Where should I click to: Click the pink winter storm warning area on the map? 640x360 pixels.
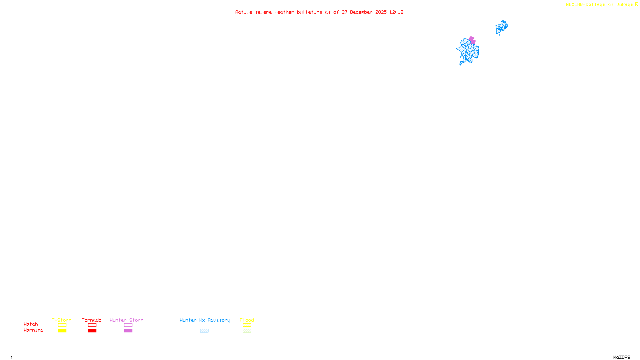pyautogui.click(x=472, y=40)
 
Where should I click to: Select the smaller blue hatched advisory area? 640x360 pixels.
pyautogui.click(x=501, y=28)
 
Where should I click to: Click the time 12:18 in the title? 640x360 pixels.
pyautogui.click(x=396, y=12)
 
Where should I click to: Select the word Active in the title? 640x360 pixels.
pyautogui.click(x=244, y=12)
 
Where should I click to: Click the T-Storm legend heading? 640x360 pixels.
pyautogui.click(x=62, y=320)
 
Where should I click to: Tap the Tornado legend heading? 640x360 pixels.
pyautogui.click(x=92, y=320)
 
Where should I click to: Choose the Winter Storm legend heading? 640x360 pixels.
pyautogui.click(x=126, y=320)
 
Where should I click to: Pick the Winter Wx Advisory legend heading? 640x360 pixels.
pyautogui.click(x=205, y=320)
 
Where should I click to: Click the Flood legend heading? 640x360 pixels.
pyautogui.click(x=247, y=320)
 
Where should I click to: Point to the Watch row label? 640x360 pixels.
pyautogui.click(x=31, y=324)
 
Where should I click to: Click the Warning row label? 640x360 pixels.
pyautogui.click(x=34, y=330)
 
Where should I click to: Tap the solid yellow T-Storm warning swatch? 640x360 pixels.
pyautogui.click(x=62, y=331)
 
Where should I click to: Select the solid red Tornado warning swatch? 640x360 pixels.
pyautogui.click(x=92, y=331)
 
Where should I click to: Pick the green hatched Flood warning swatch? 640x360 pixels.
pyautogui.click(x=247, y=331)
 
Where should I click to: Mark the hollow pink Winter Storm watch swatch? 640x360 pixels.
pyautogui.click(x=128, y=325)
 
